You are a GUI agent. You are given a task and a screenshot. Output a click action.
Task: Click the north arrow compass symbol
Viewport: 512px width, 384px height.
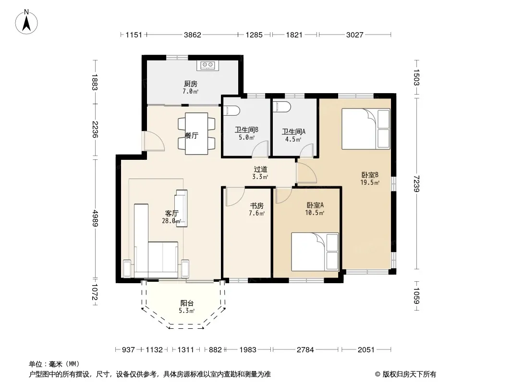26,22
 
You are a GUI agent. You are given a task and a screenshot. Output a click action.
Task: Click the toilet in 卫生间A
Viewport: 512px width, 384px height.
282,107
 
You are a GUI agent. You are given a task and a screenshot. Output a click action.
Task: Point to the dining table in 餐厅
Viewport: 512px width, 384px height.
196,133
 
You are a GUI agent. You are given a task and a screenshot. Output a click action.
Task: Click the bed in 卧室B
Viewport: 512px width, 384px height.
366,129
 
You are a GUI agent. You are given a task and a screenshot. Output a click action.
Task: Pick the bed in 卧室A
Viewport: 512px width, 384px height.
315,252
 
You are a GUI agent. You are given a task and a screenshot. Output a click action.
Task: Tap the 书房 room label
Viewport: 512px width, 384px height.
256,206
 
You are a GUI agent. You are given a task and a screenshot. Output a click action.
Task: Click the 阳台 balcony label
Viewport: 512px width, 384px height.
187,303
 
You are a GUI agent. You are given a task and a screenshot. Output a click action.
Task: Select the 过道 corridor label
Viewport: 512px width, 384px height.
261,169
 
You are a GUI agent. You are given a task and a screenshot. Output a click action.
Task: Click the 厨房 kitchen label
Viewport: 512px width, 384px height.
191,84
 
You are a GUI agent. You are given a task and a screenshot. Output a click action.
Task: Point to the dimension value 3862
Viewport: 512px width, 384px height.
192,35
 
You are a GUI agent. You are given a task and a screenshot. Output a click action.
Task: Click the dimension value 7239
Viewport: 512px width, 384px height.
416,184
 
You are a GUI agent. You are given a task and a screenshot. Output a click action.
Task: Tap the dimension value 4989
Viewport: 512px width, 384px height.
95,218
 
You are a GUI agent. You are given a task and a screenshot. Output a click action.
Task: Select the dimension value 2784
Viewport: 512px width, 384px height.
305,350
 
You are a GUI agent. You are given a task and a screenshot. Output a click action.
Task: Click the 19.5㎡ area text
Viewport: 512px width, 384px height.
370,182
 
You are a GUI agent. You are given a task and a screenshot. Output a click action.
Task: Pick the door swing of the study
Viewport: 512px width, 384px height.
235,197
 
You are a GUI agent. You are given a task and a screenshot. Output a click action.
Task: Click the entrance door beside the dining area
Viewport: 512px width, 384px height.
154,141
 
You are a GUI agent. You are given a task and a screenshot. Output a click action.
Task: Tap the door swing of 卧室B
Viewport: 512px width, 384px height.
306,173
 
